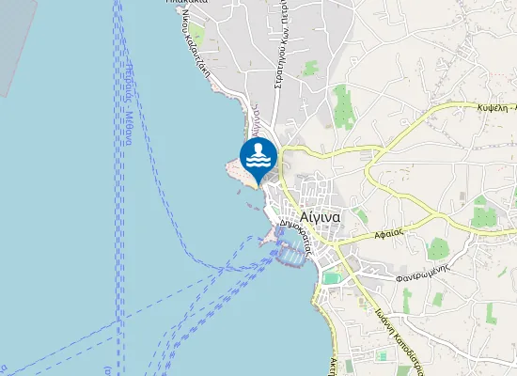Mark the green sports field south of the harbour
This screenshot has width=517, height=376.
coord(329,277)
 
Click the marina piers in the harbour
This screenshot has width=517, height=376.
coord(291,251)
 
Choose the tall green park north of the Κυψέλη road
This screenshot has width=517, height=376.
coord(341,105)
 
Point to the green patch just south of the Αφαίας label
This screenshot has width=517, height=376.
coord(438,250)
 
